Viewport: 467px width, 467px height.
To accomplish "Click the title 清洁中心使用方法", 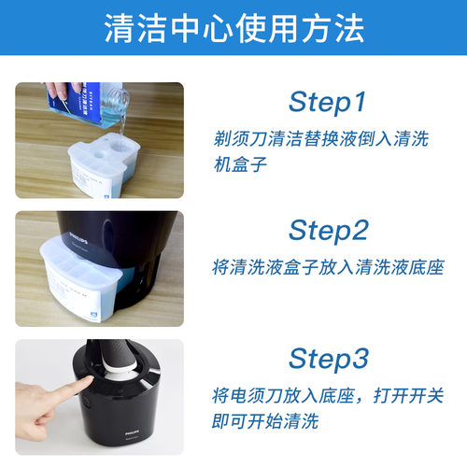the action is [x=234, y=28].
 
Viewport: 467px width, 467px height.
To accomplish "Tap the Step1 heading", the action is [x=328, y=102].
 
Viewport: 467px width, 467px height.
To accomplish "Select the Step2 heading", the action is [x=329, y=230].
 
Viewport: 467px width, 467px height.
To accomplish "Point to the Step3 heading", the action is [x=329, y=359].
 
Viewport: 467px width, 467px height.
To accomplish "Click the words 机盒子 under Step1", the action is [x=240, y=164].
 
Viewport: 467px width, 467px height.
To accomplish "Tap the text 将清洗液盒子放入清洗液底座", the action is [x=328, y=267].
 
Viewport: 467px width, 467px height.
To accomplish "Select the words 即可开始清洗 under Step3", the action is [x=265, y=421].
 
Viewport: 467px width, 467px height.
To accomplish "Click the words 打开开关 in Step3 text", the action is [x=409, y=396].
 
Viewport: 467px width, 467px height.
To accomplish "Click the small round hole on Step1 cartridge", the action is [x=99, y=154].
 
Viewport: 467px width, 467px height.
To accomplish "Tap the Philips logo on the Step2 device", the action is [x=78, y=237].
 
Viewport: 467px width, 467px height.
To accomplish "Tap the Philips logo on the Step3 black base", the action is [x=132, y=433].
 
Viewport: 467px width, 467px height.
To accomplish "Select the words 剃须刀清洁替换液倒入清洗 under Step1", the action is [x=321, y=138].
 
